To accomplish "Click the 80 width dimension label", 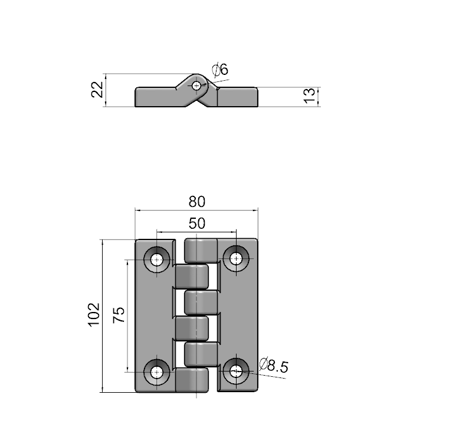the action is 197,202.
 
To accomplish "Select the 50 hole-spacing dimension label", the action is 197,224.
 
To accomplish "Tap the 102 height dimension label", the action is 94,315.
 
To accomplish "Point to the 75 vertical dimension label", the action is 119,315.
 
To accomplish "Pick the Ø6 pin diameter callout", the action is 220,69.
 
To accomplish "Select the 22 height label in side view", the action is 97,90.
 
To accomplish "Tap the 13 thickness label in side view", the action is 309,96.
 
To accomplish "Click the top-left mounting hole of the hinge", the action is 156,259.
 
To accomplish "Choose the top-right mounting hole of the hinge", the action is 236,258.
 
